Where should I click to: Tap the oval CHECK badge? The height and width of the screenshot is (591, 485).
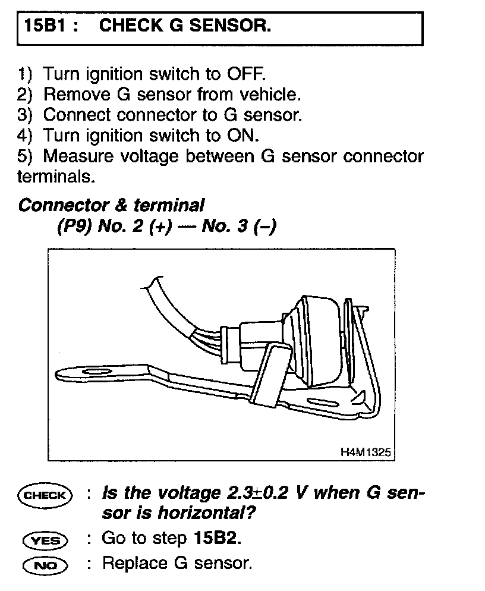pos(45,494)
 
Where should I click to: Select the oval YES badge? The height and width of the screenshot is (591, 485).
pos(45,540)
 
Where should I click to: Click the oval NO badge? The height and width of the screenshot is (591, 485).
pos(45,564)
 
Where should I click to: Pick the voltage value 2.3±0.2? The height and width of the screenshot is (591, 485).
pos(266,493)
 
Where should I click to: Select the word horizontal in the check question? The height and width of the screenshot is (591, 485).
pos(200,513)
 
